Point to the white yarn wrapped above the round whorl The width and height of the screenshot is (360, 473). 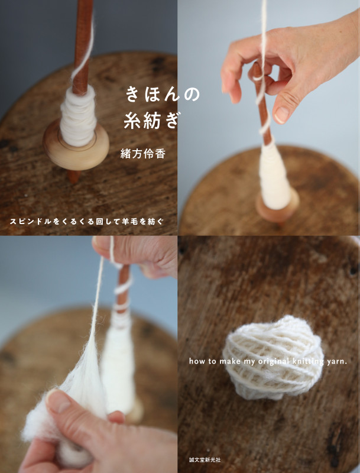coord(78,116)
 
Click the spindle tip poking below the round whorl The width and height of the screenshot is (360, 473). coord(73,176)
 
